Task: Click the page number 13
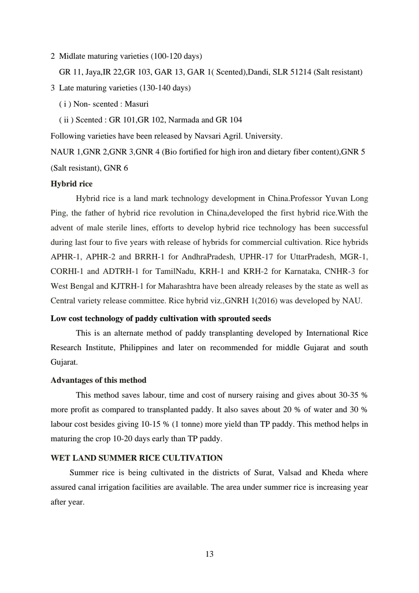[x=209, y=554]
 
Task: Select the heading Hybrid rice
[x=72, y=184]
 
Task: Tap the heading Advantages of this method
[x=98, y=380]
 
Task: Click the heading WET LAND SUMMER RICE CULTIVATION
[x=136, y=458]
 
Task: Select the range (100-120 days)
[x=176, y=56]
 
